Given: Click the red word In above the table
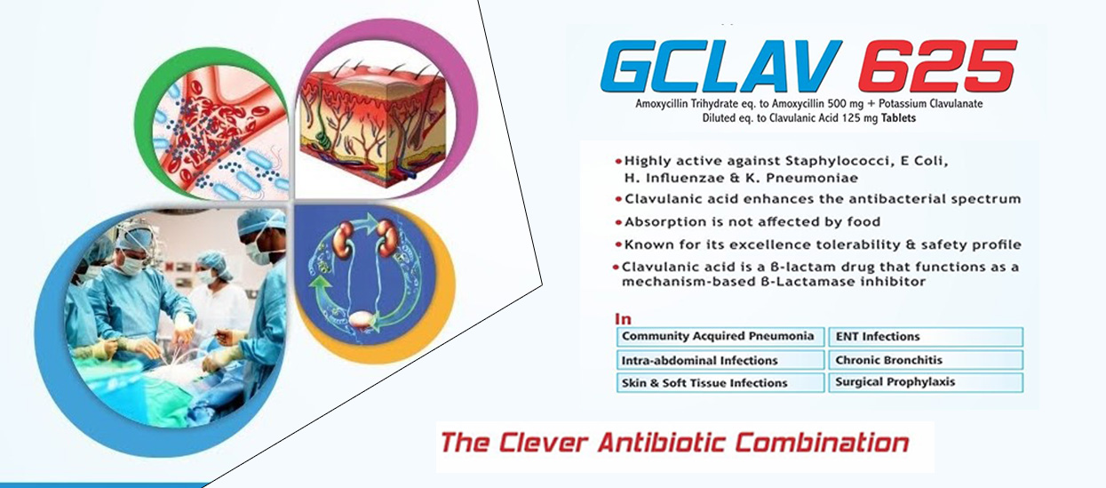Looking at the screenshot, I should coord(623,318).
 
